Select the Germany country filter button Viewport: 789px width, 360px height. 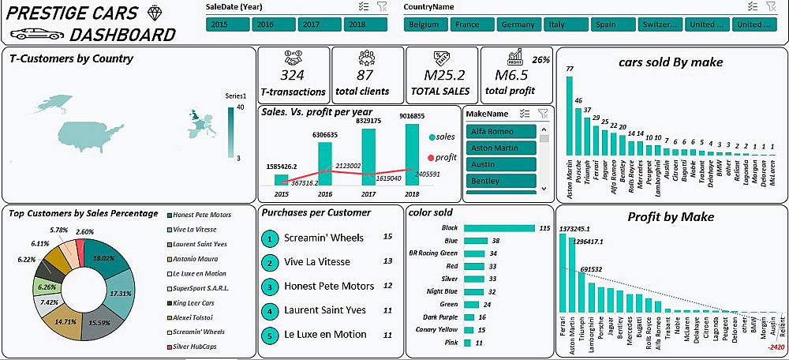[518, 24]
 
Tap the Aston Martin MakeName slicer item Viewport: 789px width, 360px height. [501, 148]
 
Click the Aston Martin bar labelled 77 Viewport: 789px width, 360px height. [570, 119]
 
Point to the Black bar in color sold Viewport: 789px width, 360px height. [499, 228]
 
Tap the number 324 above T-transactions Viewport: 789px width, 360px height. [292, 75]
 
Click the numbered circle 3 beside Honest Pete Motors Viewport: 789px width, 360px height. [271, 287]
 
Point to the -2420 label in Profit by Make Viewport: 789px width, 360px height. [776, 347]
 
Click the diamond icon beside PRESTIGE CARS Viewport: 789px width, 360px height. [153, 13]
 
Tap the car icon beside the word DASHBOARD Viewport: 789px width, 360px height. [36, 34]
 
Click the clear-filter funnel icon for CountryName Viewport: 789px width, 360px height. [771, 6]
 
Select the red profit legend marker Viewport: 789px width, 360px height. [430, 157]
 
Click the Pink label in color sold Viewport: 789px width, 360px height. [451, 343]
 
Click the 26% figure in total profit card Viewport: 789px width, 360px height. [540, 60]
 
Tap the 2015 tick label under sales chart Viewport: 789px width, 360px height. [282, 193]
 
